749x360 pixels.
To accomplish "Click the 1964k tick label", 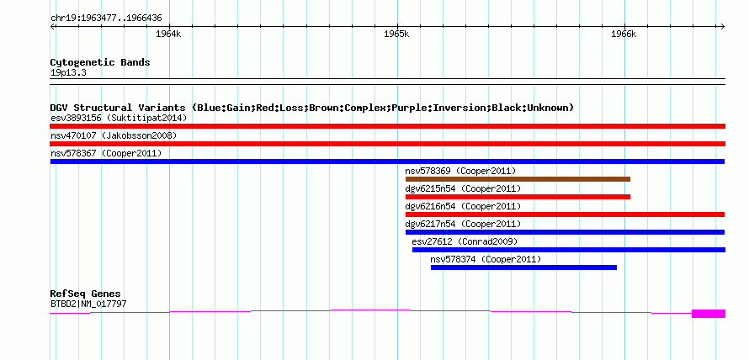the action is (168, 34).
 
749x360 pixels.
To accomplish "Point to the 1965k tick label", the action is (396, 34).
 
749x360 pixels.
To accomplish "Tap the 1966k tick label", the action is (624, 34).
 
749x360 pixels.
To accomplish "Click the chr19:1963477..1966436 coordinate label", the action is (106, 19).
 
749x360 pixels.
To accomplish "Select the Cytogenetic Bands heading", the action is (100, 62).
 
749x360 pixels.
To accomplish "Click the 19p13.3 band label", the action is (68, 73).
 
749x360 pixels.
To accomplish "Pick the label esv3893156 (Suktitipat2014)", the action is (119, 118).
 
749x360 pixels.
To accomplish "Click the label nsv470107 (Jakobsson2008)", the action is (114, 135).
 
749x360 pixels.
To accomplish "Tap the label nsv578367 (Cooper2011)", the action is (106, 153).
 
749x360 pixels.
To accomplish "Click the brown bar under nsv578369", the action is (518, 179).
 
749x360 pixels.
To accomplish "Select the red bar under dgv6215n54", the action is (518, 197).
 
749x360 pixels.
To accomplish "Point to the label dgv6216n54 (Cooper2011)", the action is (463, 206).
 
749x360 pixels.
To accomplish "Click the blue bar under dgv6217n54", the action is (565, 232).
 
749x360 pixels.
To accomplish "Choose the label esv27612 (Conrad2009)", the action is (465, 241).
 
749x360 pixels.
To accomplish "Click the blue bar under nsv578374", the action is (523, 267).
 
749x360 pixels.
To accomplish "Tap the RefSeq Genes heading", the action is (86, 294).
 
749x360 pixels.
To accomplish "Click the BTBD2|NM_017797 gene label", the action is (88, 304).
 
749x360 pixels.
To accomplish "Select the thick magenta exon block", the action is (709, 314).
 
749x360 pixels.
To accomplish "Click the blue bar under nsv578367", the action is (387, 161).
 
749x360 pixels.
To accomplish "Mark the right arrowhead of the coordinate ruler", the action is (723, 26).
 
